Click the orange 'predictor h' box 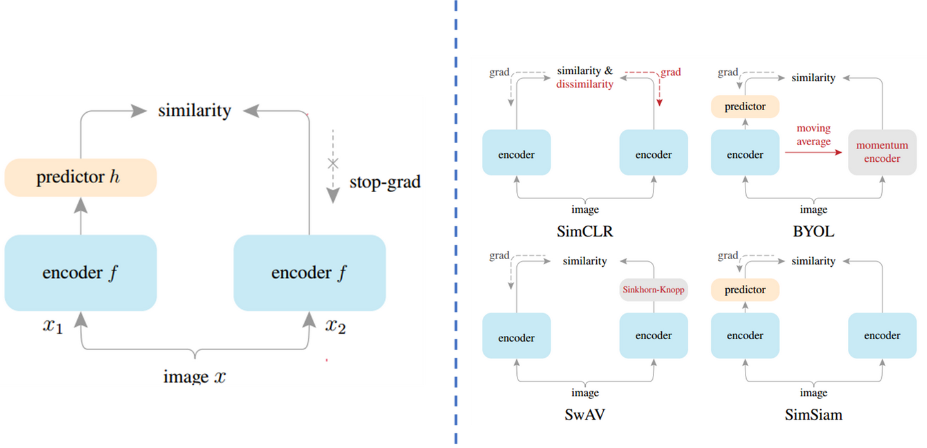click(x=80, y=177)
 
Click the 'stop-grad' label click(x=384, y=182)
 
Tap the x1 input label click(x=53, y=326)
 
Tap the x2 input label click(x=335, y=326)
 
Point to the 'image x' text click(x=194, y=376)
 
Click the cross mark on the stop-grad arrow click(x=333, y=163)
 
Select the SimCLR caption click(x=585, y=231)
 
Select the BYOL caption click(x=814, y=231)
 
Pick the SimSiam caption click(x=813, y=414)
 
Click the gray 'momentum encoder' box click(x=882, y=152)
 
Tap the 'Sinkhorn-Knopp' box click(x=653, y=290)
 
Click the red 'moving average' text click(x=813, y=135)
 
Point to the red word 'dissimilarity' click(x=585, y=84)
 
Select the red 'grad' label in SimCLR click(x=670, y=72)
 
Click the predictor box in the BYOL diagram click(x=745, y=106)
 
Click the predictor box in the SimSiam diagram click(x=745, y=290)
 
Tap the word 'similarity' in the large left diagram click(x=194, y=110)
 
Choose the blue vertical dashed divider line click(x=456, y=226)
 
